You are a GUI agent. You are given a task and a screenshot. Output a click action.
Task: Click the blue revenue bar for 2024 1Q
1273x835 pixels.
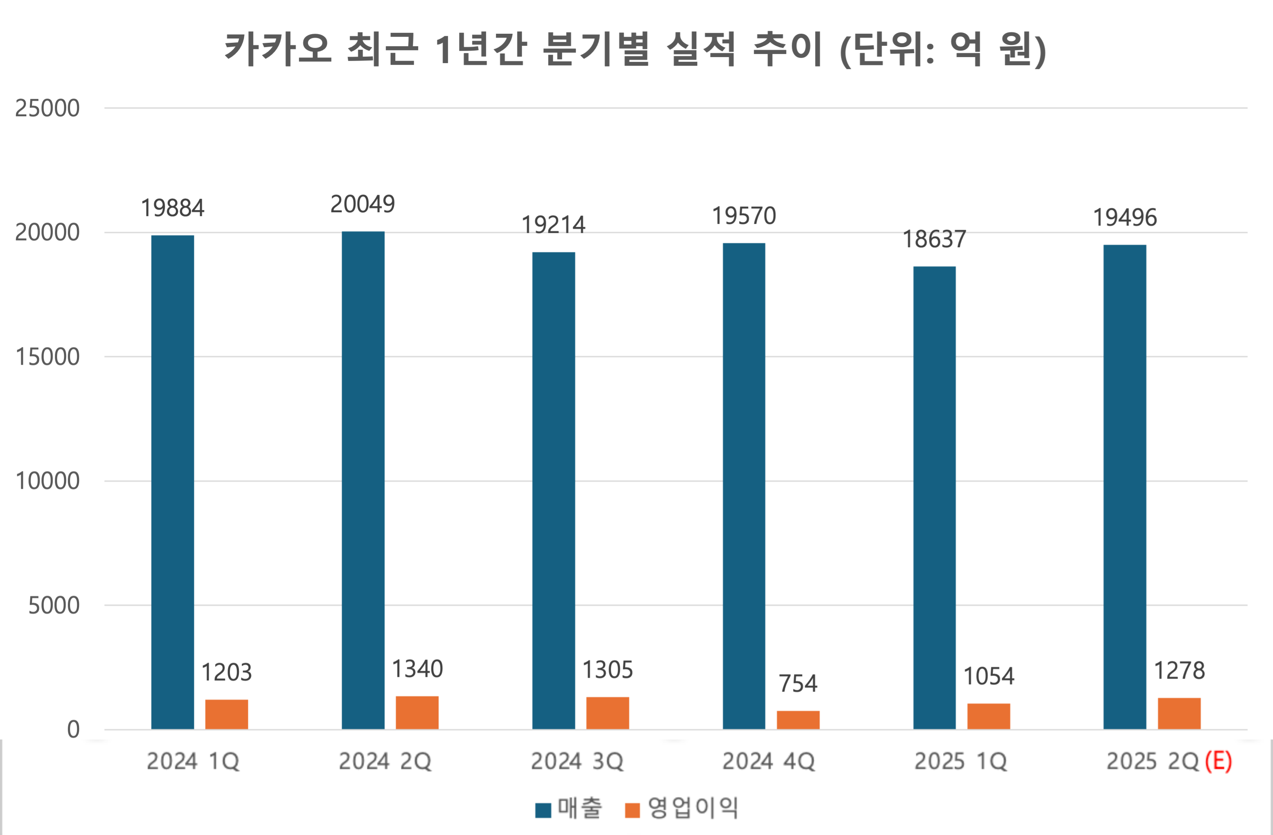coord(172,482)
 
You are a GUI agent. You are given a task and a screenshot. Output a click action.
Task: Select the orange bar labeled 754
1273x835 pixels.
coord(798,720)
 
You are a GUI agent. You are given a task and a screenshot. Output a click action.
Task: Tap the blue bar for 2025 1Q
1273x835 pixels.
coord(934,498)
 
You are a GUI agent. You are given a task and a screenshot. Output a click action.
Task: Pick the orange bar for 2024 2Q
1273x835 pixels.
coord(417,712)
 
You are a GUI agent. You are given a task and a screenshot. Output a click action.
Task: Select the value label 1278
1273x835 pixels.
coord(1179,671)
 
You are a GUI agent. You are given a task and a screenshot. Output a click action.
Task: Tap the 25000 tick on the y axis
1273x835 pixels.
coord(47,108)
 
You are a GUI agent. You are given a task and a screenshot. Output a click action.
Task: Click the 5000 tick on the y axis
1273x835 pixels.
coord(54,606)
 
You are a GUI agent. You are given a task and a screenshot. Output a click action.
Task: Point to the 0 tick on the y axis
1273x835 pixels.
coord(73,730)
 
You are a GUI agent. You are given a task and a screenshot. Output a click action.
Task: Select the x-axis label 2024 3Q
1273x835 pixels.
coord(577,761)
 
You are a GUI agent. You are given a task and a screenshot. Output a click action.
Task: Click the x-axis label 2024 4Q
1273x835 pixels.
coord(768,761)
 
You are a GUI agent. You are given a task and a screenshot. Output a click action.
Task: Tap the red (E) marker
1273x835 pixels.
coord(1218,761)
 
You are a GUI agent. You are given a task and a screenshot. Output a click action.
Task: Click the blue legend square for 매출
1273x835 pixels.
coord(543,810)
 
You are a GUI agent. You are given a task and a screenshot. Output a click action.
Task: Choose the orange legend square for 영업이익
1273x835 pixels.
coord(632,810)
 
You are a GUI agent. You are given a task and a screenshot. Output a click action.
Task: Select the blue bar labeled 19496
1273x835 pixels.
coord(1124,487)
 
